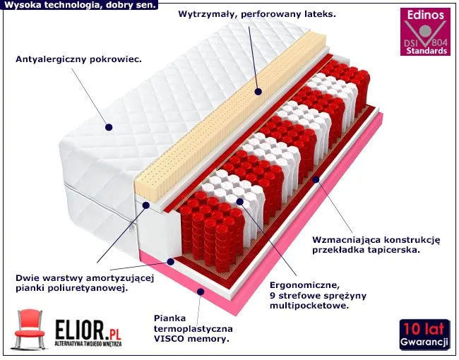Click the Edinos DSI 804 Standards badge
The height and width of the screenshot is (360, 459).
pyautogui.click(x=425, y=32)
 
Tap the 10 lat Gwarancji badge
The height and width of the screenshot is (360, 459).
pyautogui.click(x=424, y=335)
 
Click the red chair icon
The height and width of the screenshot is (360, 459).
pyautogui.click(x=29, y=329)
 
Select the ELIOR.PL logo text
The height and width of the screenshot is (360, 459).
pyautogui.click(x=88, y=330)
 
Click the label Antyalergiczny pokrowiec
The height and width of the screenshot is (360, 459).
pyautogui.click(x=78, y=59)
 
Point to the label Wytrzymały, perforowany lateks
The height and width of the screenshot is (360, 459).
pyautogui.click(x=257, y=14)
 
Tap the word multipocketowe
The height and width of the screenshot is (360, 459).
pyautogui.click(x=309, y=306)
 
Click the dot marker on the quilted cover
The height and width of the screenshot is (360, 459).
pyautogui.click(x=109, y=127)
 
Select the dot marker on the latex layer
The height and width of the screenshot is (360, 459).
pyautogui.click(x=258, y=92)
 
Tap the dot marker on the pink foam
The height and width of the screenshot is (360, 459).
pyautogui.click(x=201, y=292)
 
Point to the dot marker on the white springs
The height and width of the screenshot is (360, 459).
pyautogui.click(x=240, y=201)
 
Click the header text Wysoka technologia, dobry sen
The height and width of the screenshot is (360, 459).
pyautogui.click(x=80, y=5)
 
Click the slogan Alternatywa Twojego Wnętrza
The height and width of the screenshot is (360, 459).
pyautogui.click(x=88, y=344)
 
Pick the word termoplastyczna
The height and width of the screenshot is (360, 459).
pyautogui.click(x=193, y=329)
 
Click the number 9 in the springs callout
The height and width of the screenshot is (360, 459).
pyautogui.click(x=273, y=296)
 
